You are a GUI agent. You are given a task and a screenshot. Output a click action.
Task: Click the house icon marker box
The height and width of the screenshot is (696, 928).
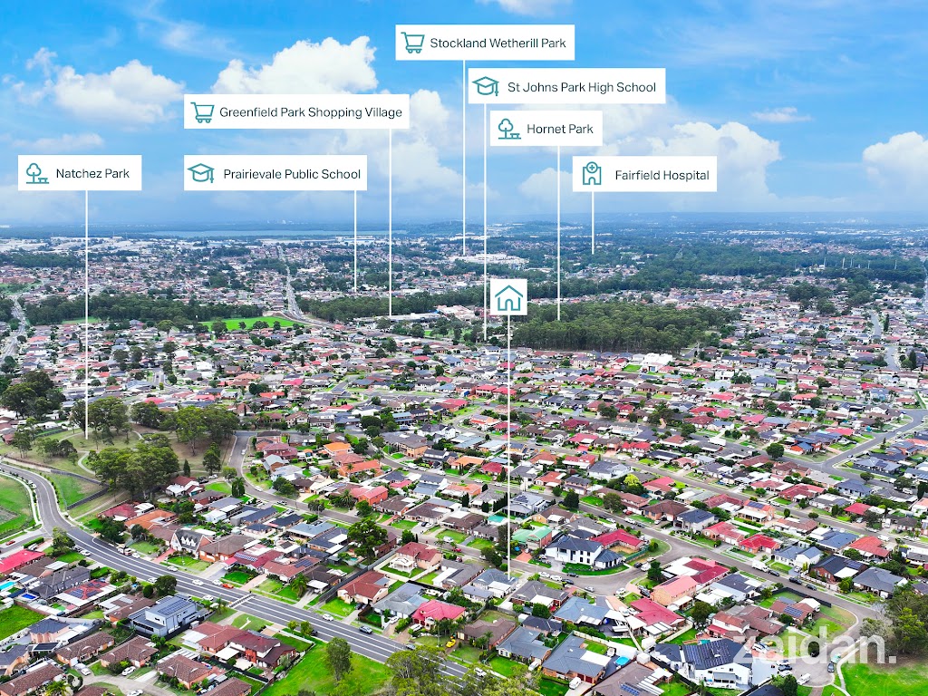click(508, 297)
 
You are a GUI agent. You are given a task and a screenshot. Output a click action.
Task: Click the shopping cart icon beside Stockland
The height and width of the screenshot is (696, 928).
click(413, 43)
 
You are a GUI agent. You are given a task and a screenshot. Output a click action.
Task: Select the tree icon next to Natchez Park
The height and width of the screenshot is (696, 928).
click(36, 173)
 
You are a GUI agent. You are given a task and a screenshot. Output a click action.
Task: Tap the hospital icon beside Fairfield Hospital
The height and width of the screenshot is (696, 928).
click(592, 175)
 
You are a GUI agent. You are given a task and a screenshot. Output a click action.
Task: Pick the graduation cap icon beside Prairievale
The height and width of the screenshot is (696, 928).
click(201, 174)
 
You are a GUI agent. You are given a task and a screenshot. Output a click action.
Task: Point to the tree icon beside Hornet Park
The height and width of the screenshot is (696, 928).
click(507, 129)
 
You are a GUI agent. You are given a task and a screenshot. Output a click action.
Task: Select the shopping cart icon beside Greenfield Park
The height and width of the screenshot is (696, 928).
click(202, 112)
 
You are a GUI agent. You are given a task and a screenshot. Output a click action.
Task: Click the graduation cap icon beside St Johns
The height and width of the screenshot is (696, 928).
click(486, 87)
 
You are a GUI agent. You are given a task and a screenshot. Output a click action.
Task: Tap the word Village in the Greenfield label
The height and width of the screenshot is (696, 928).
click(382, 112)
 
